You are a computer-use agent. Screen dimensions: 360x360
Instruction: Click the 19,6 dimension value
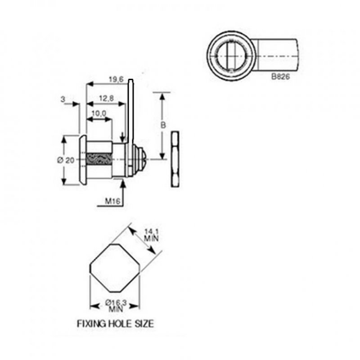click(116, 80)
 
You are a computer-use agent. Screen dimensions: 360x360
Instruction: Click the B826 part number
click(280, 76)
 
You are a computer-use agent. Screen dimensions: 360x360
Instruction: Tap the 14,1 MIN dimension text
click(150, 235)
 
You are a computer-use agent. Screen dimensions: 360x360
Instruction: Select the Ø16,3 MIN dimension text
click(114, 306)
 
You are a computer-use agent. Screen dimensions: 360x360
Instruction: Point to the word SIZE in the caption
click(143, 323)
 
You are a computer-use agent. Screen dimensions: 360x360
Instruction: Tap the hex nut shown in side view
click(175, 159)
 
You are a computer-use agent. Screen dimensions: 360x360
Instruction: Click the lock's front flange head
click(82, 160)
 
